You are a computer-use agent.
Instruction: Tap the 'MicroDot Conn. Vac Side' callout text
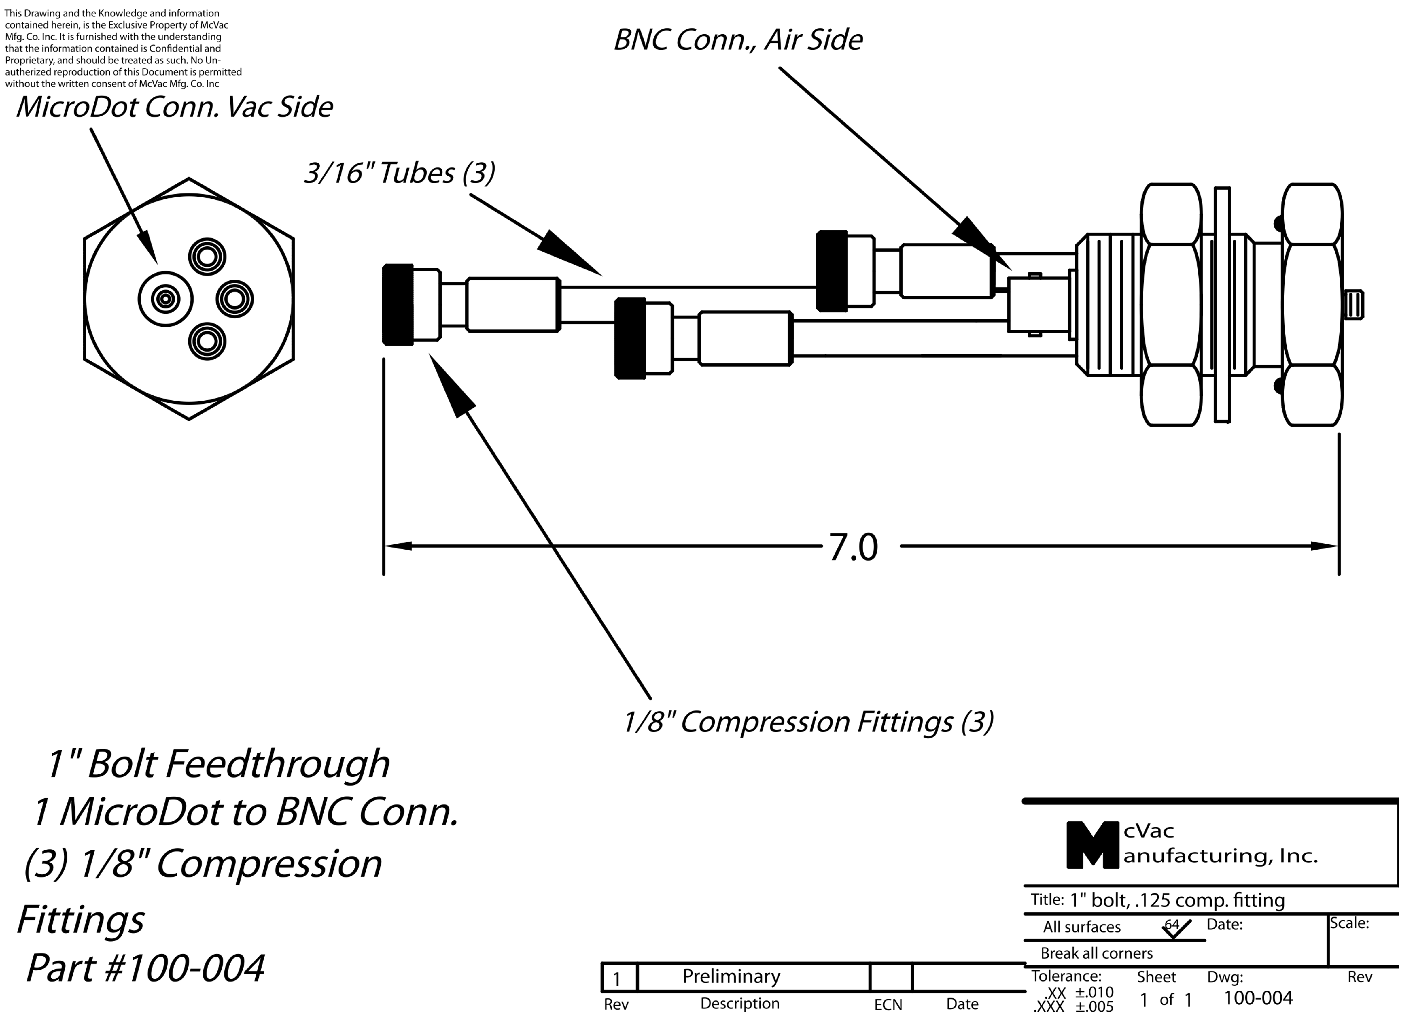[x=174, y=107]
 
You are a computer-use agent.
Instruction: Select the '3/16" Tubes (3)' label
[x=399, y=173]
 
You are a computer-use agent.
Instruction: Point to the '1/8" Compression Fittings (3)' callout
[x=809, y=722]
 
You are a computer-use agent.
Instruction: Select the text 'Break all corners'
[x=1097, y=953]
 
